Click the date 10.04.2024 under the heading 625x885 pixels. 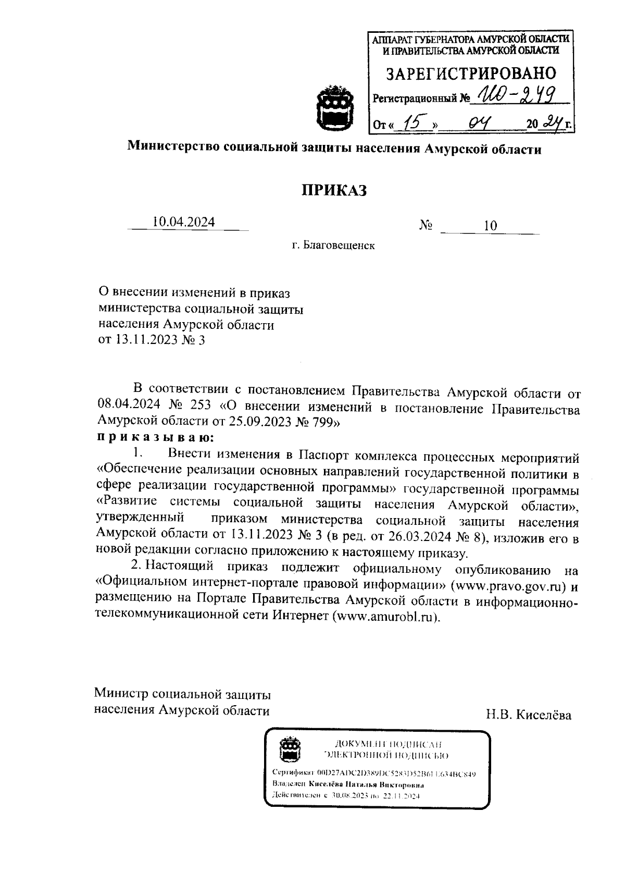point(183,222)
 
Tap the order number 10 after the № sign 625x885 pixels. point(490,226)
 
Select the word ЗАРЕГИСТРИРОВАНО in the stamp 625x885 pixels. point(470,73)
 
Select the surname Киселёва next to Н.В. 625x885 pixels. point(544,715)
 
